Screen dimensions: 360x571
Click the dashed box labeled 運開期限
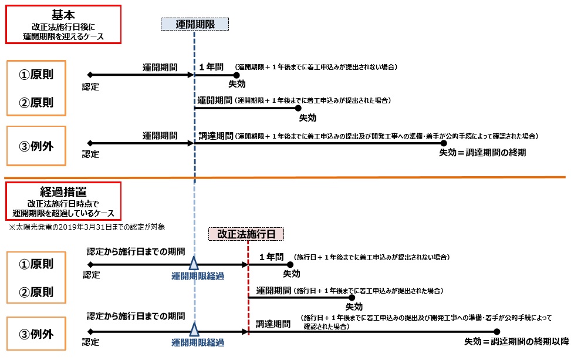(x=194, y=24)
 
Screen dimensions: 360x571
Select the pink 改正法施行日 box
(x=246, y=233)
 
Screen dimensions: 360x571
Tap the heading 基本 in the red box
(x=63, y=14)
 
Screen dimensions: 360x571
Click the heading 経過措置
(x=63, y=191)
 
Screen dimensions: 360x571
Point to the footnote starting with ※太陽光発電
(x=86, y=226)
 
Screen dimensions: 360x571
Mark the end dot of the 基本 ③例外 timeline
(x=444, y=143)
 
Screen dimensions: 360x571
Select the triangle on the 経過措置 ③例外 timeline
(x=194, y=331)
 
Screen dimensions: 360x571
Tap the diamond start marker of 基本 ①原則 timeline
(x=89, y=75)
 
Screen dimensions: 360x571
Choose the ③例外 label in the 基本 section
(x=36, y=146)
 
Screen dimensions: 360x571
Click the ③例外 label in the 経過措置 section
(x=36, y=334)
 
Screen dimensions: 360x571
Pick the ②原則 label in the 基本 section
(x=36, y=103)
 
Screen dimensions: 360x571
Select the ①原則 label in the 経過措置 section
(x=36, y=264)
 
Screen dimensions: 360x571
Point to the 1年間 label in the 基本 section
(x=212, y=66)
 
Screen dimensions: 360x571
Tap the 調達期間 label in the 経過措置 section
(x=273, y=324)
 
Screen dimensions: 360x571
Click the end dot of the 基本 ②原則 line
(x=298, y=107)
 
